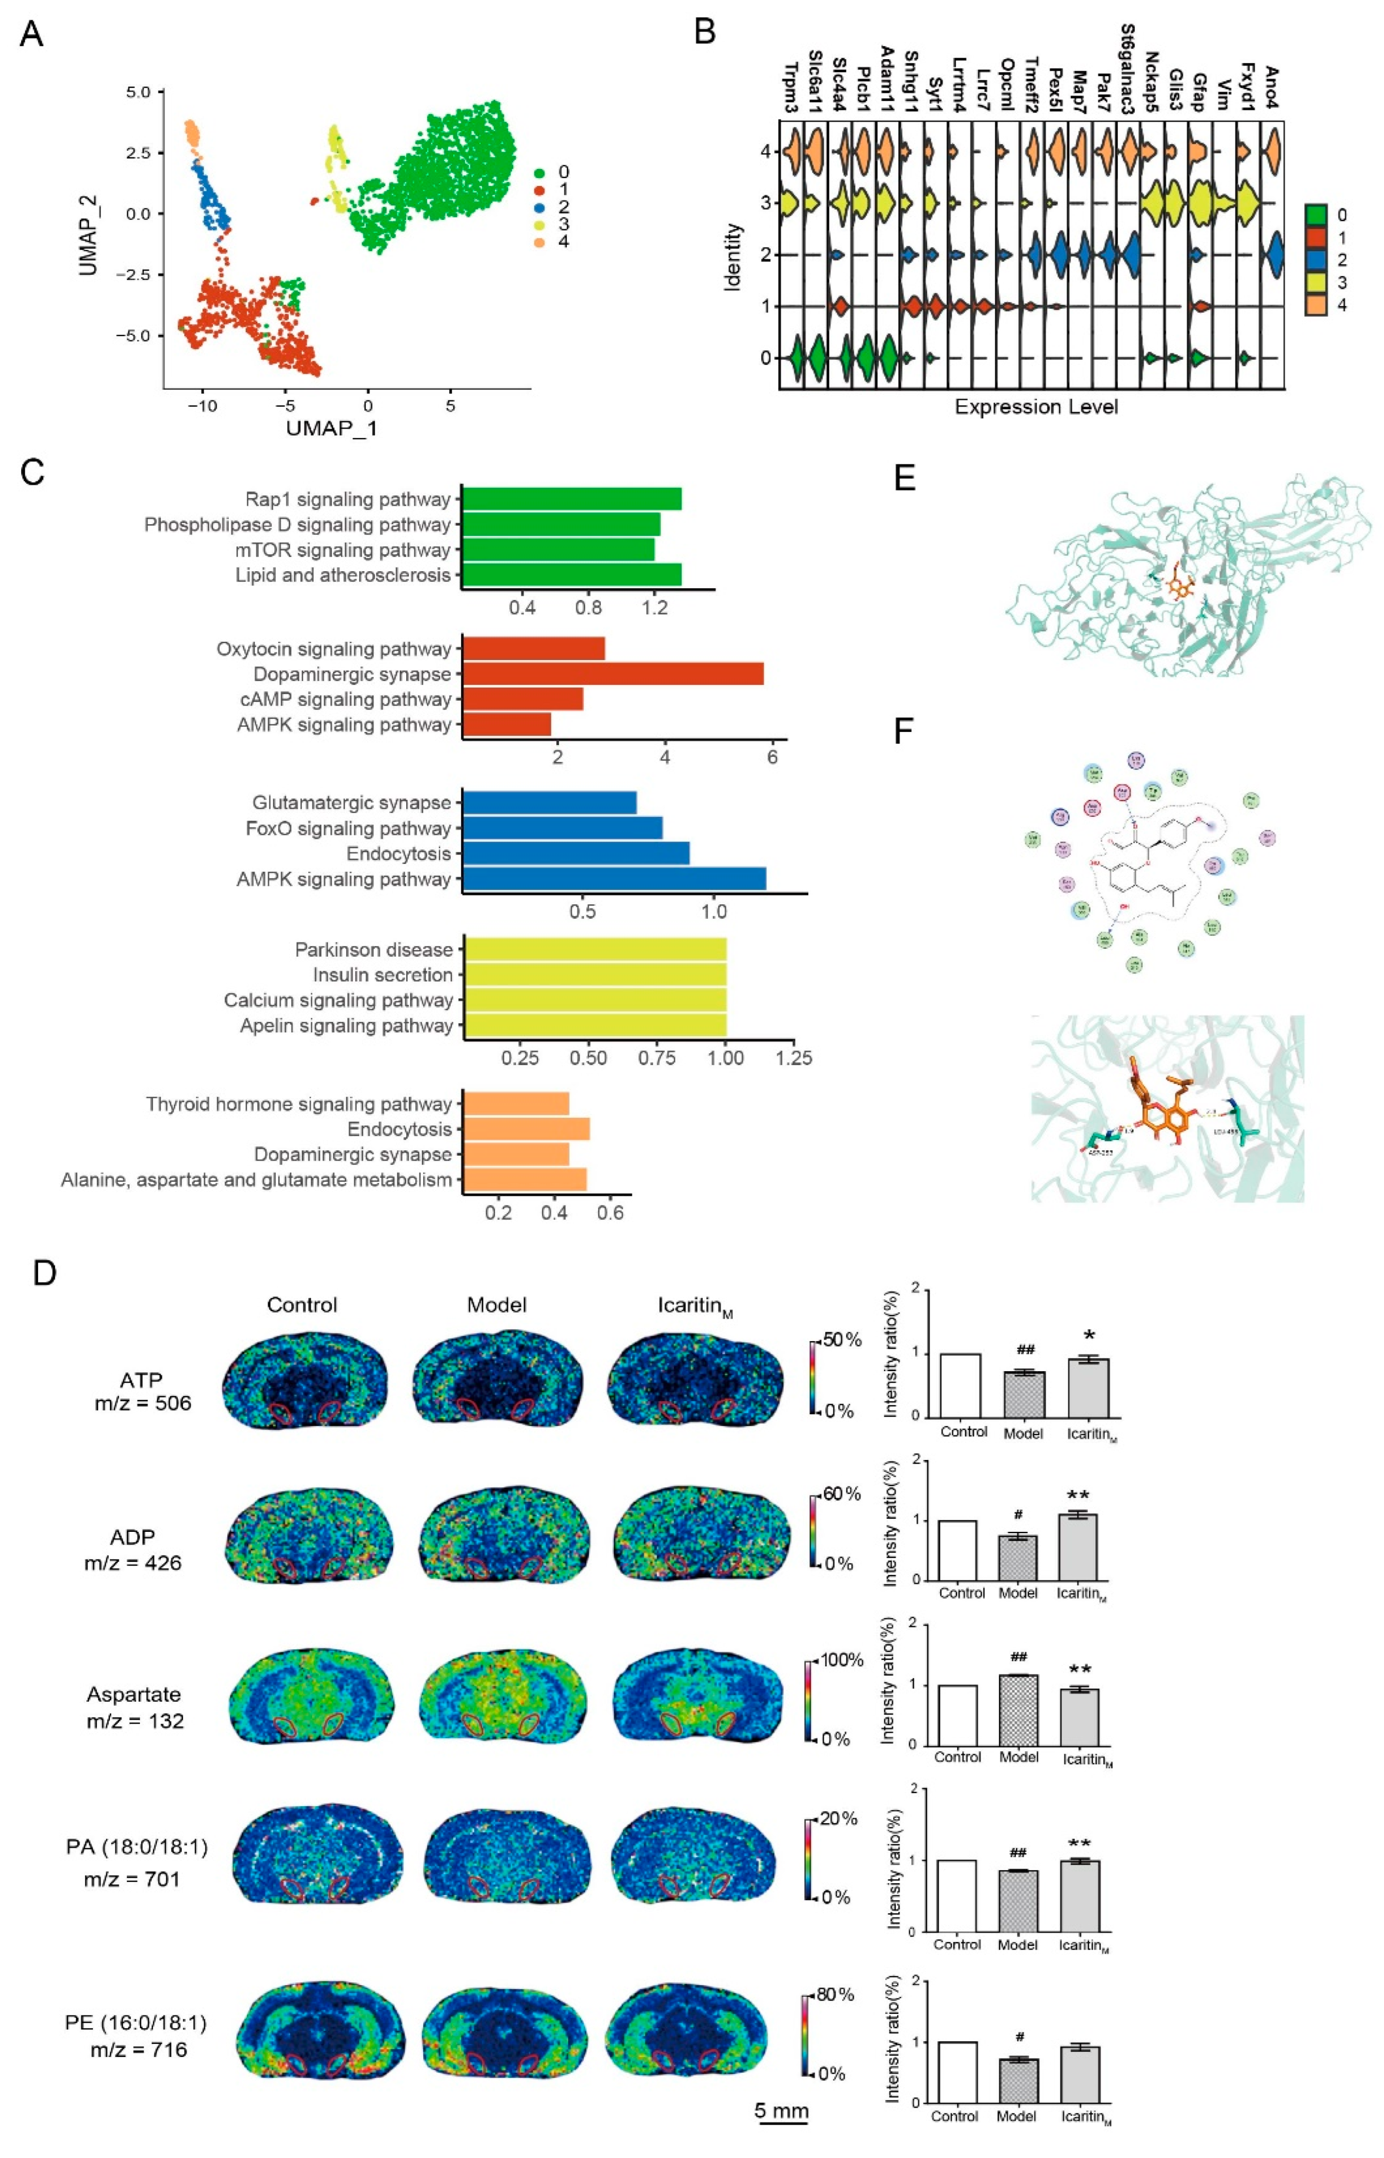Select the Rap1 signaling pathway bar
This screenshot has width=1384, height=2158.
tap(572, 499)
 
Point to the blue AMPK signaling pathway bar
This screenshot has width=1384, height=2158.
tap(614, 879)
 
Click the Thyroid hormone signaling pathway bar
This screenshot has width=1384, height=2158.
tap(516, 1104)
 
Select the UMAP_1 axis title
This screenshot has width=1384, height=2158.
tap(332, 428)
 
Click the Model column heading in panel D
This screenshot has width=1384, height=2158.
tap(496, 1305)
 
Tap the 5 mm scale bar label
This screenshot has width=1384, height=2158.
tap(781, 2111)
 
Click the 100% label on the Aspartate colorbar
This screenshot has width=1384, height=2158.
tap(842, 1660)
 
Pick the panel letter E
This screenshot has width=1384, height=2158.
tap(905, 477)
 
